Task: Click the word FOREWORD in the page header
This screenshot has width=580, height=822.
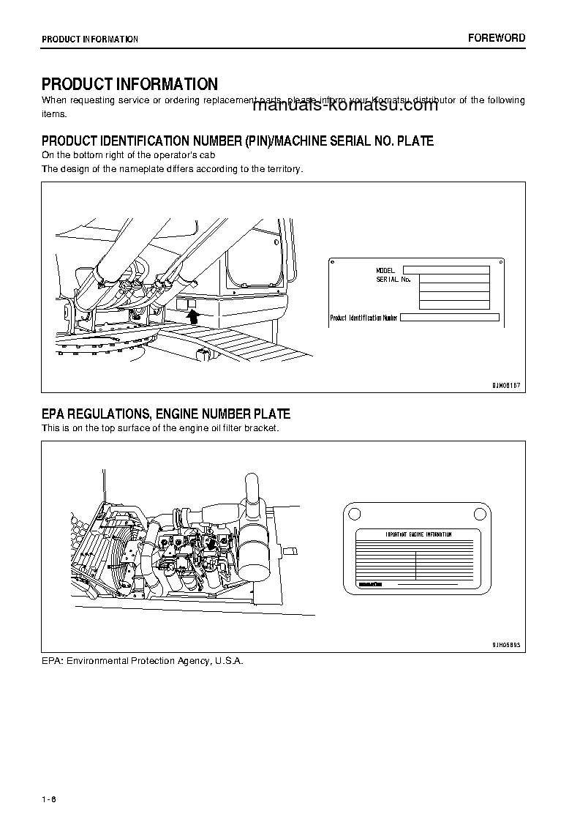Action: (497, 38)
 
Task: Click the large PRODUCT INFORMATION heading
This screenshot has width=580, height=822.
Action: (129, 85)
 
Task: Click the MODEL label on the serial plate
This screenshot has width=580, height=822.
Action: (385, 271)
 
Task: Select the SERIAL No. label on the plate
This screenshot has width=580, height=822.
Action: (393, 280)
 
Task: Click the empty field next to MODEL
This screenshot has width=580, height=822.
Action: (445, 270)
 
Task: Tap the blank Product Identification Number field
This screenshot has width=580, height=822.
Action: (450, 318)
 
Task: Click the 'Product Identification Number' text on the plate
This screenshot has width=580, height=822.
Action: (364, 318)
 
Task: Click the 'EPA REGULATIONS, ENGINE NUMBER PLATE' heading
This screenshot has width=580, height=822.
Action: (166, 415)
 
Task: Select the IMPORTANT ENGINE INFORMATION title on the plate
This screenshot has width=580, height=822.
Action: (418, 535)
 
